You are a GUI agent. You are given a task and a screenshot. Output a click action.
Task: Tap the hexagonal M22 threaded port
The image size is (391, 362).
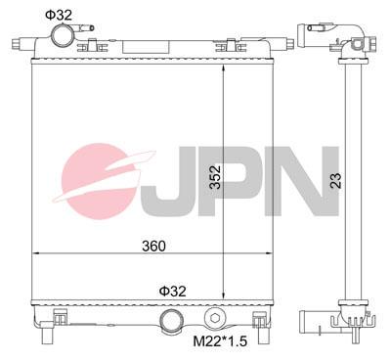(215, 319)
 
